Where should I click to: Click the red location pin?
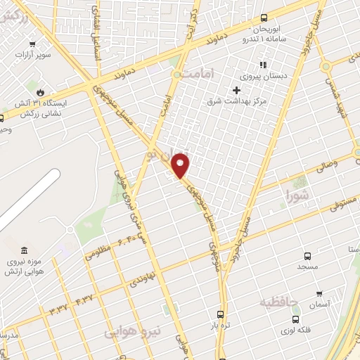[181, 166]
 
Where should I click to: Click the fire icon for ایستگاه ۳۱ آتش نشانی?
[40, 92]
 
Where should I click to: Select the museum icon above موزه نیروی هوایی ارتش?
[25, 251]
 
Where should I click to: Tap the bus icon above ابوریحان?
[264, 18]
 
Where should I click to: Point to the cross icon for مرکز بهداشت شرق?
[236, 90]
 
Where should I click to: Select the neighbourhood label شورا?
[296, 195]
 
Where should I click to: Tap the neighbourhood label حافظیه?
[279, 302]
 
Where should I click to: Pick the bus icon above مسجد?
[307, 257]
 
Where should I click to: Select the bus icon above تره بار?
[221, 314]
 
